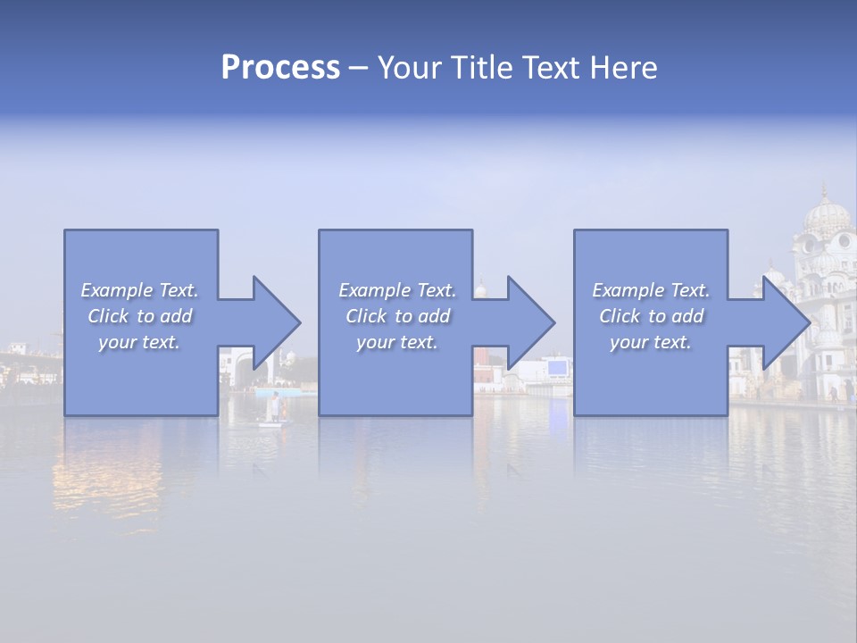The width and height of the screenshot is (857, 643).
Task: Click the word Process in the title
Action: point(280,68)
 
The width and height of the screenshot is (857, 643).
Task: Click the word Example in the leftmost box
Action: point(117,290)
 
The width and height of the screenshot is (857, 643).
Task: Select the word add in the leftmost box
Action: point(177,316)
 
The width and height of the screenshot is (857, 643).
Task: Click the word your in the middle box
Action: point(375,342)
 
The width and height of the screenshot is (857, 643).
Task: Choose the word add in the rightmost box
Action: point(688,316)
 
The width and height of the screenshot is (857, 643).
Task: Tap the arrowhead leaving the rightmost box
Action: point(785,322)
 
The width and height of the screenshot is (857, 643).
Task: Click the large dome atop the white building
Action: point(827,214)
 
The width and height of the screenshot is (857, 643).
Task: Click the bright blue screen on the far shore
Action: point(558,367)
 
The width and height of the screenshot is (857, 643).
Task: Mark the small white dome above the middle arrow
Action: point(480,289)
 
